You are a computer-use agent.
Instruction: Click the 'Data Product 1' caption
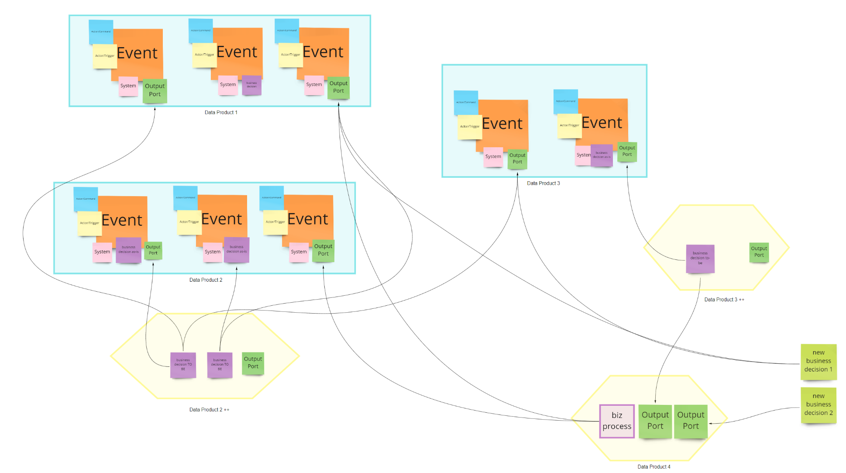(221, 113)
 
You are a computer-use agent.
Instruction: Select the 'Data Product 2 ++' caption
(209, 410)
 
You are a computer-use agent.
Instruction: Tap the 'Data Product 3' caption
(543, 183)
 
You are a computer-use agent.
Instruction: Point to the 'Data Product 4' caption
(653, 467)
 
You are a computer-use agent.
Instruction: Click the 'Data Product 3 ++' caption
(724, 300)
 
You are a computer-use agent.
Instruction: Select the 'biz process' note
(617, 421)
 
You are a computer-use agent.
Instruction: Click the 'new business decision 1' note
(818, 361)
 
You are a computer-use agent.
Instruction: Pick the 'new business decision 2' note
(818, 405)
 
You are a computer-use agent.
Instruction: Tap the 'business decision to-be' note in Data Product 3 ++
(700, 259)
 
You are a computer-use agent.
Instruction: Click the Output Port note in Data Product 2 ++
(253, 363)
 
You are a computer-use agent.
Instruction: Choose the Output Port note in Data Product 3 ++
(759, 252)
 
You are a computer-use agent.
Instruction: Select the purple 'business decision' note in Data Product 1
(251, 85)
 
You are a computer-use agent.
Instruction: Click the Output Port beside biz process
(655, 421)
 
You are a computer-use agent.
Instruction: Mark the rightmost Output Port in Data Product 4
(691, 421)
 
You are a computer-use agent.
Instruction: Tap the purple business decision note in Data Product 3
(602, 155)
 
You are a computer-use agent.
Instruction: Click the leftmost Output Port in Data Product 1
(155, 90)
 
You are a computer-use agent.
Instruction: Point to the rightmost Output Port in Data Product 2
(323, 250)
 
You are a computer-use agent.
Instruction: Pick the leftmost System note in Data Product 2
(102, 252)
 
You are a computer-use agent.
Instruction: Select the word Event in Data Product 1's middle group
(237, 52)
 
